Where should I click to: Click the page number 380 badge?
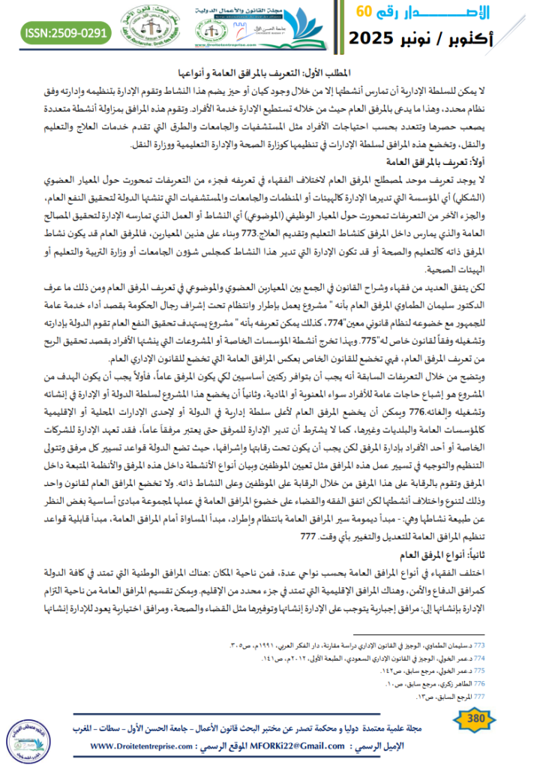(478, 721)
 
